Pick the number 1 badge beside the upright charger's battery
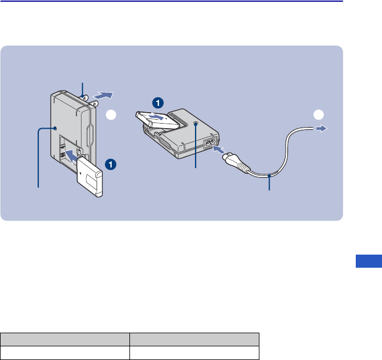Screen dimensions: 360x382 point(111,164)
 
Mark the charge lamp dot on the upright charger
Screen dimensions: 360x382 point(55,129)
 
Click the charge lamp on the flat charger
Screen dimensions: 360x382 point(196,123)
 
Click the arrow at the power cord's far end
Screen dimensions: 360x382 point(322,129)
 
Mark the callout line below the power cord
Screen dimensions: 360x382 point(269,183)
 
